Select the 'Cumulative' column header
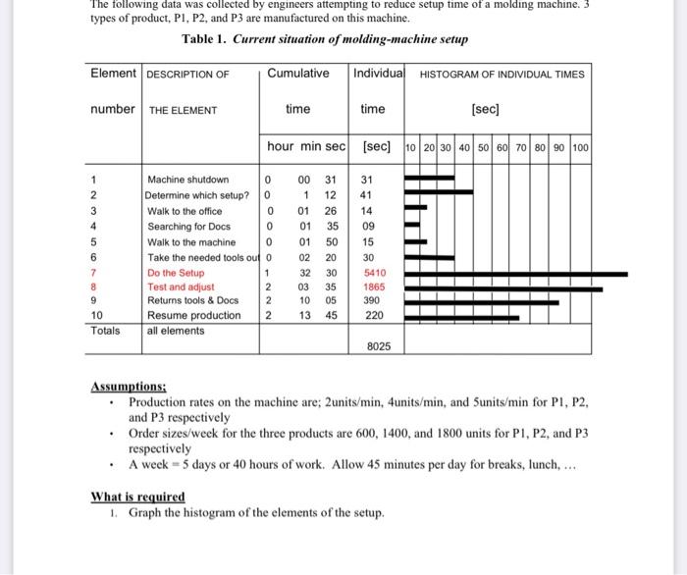pos(297,74)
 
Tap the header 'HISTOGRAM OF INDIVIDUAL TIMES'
pos(502,75)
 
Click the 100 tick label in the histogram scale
pos(579,147)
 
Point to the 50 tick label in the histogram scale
pos(484,147)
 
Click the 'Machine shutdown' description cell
pos(187,180)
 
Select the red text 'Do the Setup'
pos(176,273)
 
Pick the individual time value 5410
pos(375,273)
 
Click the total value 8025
pos(378,346)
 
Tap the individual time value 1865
pos(375,287)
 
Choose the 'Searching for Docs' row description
pos(188,226)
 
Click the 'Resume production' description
pos(193,316)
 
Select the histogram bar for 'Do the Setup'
pos(515,274)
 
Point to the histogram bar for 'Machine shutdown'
pos(429,180)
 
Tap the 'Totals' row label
pos(105,331)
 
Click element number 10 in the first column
pos(96,316)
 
